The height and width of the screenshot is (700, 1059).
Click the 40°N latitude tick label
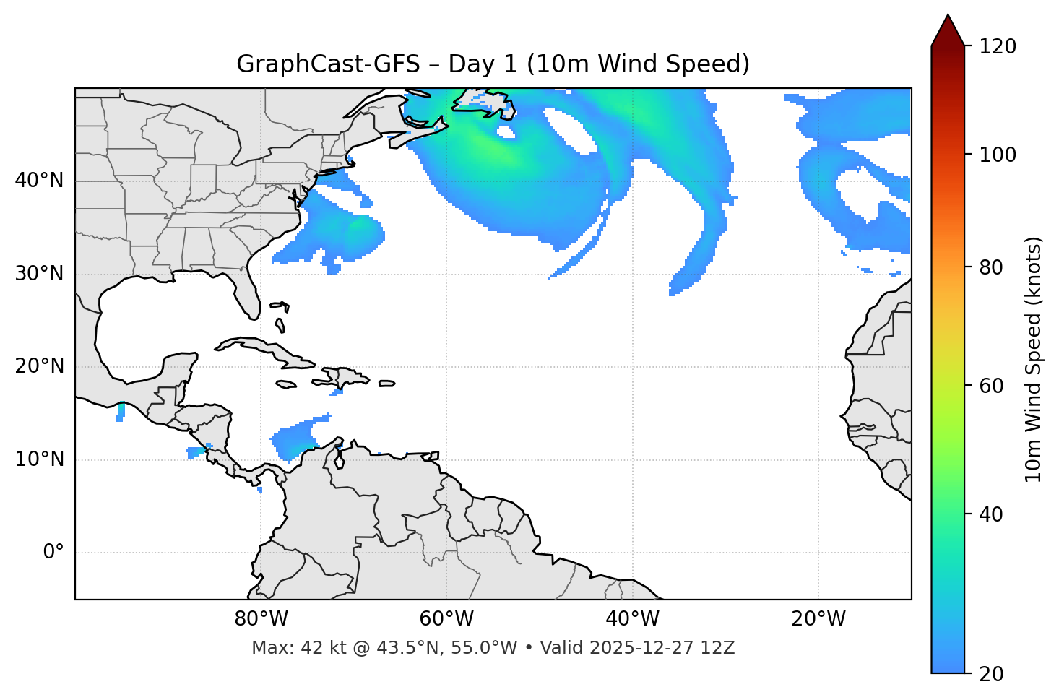pos(39,181)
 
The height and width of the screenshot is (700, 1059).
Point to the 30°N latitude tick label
pos(39,274)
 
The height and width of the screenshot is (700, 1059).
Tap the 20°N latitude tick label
pos(39,366)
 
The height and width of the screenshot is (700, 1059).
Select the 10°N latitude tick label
pos(39,459)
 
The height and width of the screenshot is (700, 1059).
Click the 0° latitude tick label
pos(53,553)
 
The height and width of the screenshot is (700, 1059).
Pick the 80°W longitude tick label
pos(261,619)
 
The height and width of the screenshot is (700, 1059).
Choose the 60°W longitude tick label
pos(446,619)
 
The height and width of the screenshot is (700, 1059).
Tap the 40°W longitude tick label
pos(632,619)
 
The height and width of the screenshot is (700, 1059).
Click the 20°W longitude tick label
pos(818,619)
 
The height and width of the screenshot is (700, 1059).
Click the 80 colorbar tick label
pos(991,267)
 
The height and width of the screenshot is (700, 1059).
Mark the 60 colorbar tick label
pos(991,386)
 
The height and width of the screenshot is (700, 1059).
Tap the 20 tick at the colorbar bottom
pos(991,674)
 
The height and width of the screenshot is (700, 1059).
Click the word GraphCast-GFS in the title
pos(328,64)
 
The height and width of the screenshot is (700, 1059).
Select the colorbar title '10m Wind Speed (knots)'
pos(1034,359)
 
